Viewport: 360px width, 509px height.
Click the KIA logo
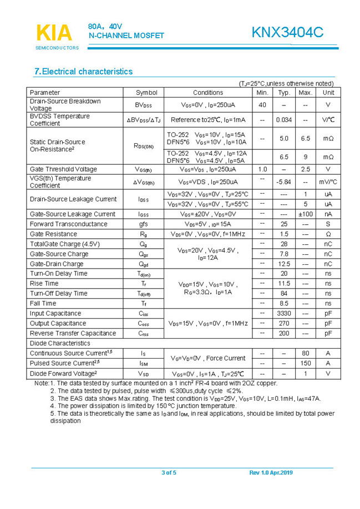(54, 33)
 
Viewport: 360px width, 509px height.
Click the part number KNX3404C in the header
(287, 33)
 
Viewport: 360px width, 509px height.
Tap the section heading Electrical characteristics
(84, 72)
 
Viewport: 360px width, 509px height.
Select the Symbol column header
(146, 93)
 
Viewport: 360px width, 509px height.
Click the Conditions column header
(208, 93)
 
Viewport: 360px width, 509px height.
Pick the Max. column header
(305, 93)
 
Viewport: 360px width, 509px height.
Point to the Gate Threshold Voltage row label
(63, 169)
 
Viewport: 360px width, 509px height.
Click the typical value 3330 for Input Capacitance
(284, 314)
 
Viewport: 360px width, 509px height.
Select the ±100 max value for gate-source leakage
(305, 214)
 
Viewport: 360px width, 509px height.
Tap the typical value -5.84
(284, 182)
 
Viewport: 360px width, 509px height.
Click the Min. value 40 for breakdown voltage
(262, 105)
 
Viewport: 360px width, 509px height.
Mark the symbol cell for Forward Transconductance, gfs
(144, 224)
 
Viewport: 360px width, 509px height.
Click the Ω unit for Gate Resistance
(328, 234)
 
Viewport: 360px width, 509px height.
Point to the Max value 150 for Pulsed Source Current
(305, 363)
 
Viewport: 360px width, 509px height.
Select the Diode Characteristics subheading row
(60, 344)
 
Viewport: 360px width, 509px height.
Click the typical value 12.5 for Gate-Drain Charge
(284, 264)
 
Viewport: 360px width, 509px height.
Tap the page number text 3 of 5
(169, 473)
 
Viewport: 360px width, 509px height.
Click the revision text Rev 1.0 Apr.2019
(271, 473)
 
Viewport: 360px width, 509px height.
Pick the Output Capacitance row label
(58, 324)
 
